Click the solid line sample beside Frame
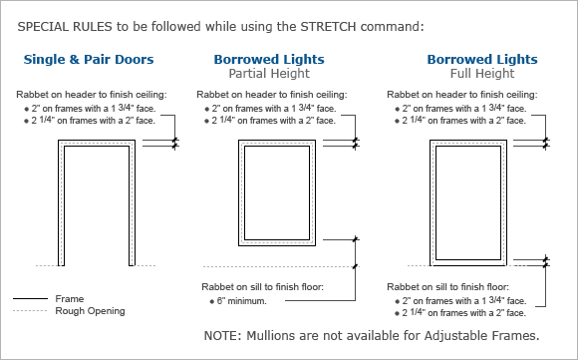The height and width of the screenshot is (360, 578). [x=32, y=298]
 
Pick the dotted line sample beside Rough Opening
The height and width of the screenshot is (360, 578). [x=32, y=311]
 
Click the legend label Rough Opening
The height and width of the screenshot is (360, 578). [x=91, y=311]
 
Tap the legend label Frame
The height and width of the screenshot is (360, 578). [x=70, y=298]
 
